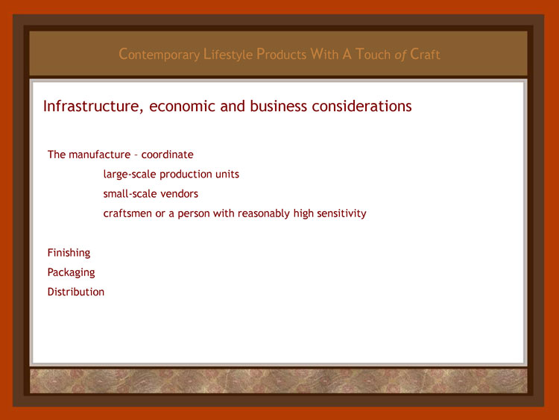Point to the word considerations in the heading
point(361,107)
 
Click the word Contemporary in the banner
point(159,54)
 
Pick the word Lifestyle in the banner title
point(228,54)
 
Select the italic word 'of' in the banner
point(400,55)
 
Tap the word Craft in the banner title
point(425,54)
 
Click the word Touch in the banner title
point(373,54)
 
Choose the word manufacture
point(99,154)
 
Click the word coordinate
point(167,154)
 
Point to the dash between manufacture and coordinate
point(136,155)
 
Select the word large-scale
point(130,174)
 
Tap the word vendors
point(180,194)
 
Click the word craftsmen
point(127,213)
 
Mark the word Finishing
point(69,253)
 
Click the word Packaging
point(72,272)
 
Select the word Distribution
point(76,292)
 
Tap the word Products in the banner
point(281,54)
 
